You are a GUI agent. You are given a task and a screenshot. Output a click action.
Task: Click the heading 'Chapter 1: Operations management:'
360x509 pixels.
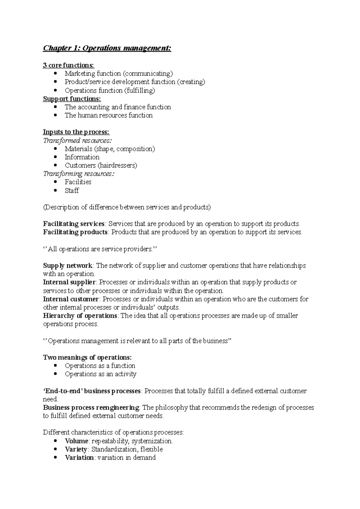(x=107, y=48)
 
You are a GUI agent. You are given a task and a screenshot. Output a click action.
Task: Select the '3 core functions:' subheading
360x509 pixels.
(x=68, y=65)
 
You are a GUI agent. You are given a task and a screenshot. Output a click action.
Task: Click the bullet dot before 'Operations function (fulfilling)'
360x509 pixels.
(x=55, y=90)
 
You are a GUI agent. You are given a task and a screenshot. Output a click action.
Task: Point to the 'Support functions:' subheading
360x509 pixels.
(x=72, y=99)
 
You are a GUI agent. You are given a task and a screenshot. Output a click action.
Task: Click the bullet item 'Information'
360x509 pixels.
(x=82, y=157)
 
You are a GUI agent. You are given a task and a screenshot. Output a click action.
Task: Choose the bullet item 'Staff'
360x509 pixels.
(x=72, y=191)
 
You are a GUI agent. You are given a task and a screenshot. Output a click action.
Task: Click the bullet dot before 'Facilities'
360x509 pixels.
(x=55, y=182)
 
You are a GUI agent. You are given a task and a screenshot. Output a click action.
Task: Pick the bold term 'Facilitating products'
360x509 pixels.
(x=75, y=232)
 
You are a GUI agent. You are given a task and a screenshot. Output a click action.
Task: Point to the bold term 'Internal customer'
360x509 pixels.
(x=71, y=299)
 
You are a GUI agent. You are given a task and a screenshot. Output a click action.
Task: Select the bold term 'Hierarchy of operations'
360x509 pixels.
(x=80, y=316)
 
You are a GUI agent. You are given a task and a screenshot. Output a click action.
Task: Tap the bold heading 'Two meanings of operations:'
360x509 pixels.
(x=87, y=358)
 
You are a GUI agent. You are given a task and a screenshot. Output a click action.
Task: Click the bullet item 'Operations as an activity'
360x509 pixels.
(x=100, y=374)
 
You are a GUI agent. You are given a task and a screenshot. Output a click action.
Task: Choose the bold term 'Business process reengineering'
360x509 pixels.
(x=91, y=408)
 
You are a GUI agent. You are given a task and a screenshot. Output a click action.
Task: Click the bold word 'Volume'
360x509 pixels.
(x=76, y=441)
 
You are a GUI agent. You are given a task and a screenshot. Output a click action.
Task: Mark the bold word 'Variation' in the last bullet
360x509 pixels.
(x=79, y=458)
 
